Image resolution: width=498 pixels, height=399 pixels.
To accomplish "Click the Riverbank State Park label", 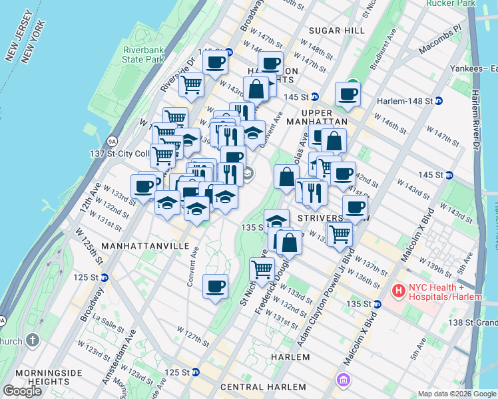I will [142, 53].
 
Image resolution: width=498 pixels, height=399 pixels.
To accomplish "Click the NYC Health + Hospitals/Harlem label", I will [444, 291].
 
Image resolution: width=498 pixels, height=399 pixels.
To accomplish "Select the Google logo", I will [23, 391].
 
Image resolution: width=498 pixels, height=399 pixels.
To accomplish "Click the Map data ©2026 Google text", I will [456, 394].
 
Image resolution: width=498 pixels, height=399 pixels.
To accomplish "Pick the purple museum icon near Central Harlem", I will [344, 380].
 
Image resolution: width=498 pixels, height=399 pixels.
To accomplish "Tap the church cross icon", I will [33, 341].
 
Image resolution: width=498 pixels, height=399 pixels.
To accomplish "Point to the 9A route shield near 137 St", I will [111, 141].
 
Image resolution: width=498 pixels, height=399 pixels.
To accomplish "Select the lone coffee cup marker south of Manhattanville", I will [215, 287].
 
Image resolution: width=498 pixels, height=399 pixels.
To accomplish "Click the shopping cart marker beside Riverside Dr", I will [191, 84].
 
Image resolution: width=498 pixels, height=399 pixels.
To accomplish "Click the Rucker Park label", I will [457, 3].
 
